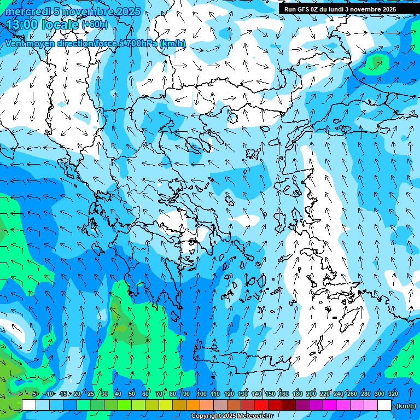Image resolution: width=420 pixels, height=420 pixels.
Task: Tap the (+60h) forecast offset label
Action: coord(95,25)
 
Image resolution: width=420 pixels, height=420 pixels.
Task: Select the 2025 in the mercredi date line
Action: coord(128,11)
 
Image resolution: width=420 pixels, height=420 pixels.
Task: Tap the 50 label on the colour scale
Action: coord(131,394)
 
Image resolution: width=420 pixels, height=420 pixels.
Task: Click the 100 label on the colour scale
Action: coord(202,394)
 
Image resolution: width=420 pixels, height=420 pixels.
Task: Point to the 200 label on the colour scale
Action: coord(311,394)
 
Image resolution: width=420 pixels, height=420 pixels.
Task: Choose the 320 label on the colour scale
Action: coord(393,394)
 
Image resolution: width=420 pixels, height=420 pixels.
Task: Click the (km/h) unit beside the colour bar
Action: coord(406,406)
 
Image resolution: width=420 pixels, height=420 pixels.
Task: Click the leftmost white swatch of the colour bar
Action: coord(29,405)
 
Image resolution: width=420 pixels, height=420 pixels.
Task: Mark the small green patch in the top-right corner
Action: coord(376,62)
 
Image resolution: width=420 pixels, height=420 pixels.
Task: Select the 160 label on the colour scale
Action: coord(284,394)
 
